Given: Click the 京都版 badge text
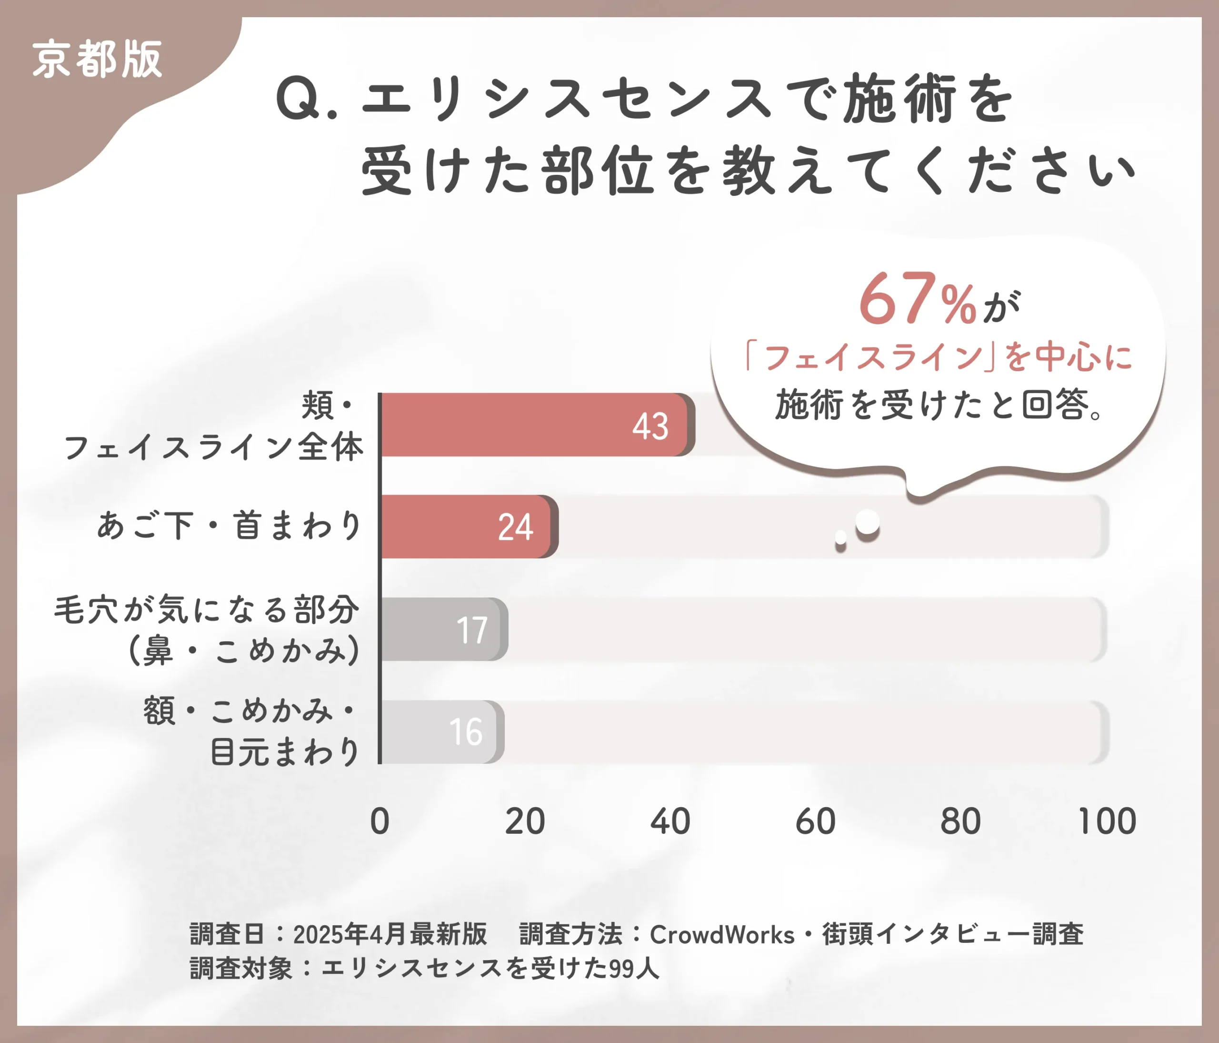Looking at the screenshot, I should pos(97,60).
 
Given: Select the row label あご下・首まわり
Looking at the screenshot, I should pos(230,525).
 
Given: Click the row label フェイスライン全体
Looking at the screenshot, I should pos(214,447).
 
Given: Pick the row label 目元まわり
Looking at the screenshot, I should pos(285,752).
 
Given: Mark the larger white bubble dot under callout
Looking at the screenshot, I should pos(867,522).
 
